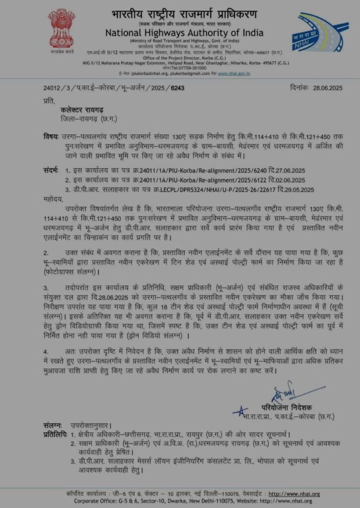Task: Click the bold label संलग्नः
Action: click(52, 425)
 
